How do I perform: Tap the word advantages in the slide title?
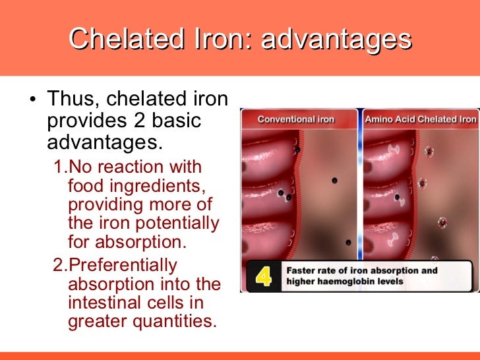coord(337,39)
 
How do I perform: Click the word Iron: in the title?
coord(223,39)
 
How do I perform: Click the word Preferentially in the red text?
coord(123,266)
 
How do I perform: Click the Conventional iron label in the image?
coord(295,119)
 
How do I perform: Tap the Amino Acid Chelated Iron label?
coord(420,119)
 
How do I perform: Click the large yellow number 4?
coord(264,276)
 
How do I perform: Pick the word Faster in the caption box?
coord(301,270)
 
